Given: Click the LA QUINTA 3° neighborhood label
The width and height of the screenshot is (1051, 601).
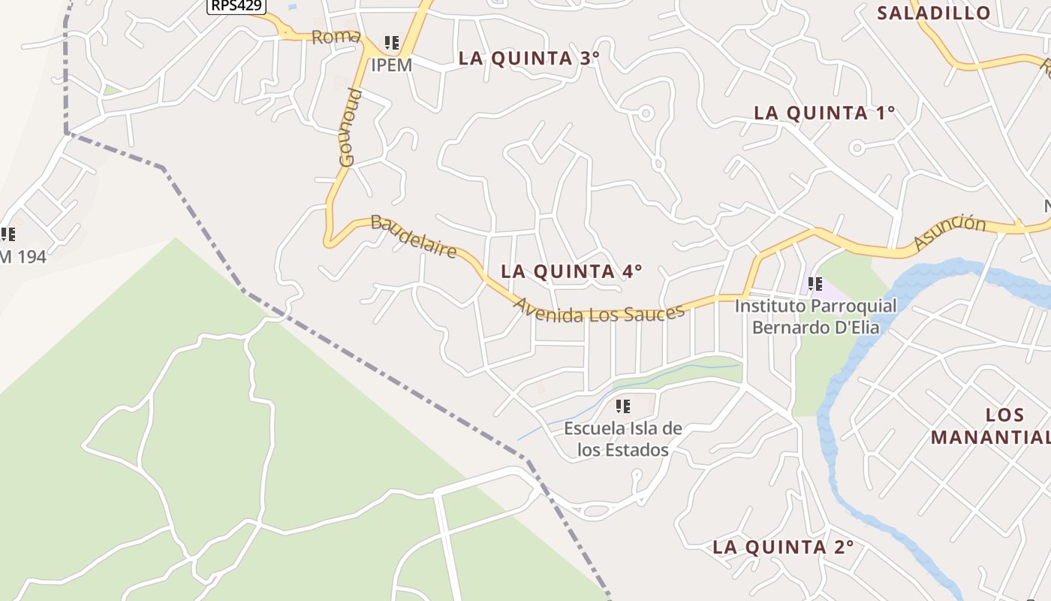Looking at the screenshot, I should tap(529, 59).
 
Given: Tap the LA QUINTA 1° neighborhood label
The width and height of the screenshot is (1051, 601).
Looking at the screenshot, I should tap(824, 113).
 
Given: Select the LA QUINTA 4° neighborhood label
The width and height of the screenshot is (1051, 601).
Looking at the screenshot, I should tap(571, 271).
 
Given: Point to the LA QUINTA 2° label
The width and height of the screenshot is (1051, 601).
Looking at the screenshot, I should tap(783, 547).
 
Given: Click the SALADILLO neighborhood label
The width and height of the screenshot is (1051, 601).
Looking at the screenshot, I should tap(933, 13).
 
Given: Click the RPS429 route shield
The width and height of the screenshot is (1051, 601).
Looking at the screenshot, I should tap(236, 5).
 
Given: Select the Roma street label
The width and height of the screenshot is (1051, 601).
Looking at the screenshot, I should tap(336, 37).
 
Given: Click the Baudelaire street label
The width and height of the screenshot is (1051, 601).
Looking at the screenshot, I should tap(414, 237).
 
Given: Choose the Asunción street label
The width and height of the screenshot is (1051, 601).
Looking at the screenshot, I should tap(949, 232).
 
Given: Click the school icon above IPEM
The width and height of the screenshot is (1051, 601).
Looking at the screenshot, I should tap(391, 43).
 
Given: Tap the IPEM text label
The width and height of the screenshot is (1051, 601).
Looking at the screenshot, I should tap(391, 65).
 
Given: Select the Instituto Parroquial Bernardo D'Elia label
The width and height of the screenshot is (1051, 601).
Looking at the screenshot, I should tap(815, 316).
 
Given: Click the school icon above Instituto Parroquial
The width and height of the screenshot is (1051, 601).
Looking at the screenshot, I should tap(815, 284).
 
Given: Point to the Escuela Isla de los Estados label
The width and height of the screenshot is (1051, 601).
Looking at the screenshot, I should tap(622, 439).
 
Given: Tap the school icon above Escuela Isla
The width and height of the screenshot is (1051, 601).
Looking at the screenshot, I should tap(622, 406).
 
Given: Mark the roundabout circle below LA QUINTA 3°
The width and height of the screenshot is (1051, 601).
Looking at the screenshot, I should tap(645, 113).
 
